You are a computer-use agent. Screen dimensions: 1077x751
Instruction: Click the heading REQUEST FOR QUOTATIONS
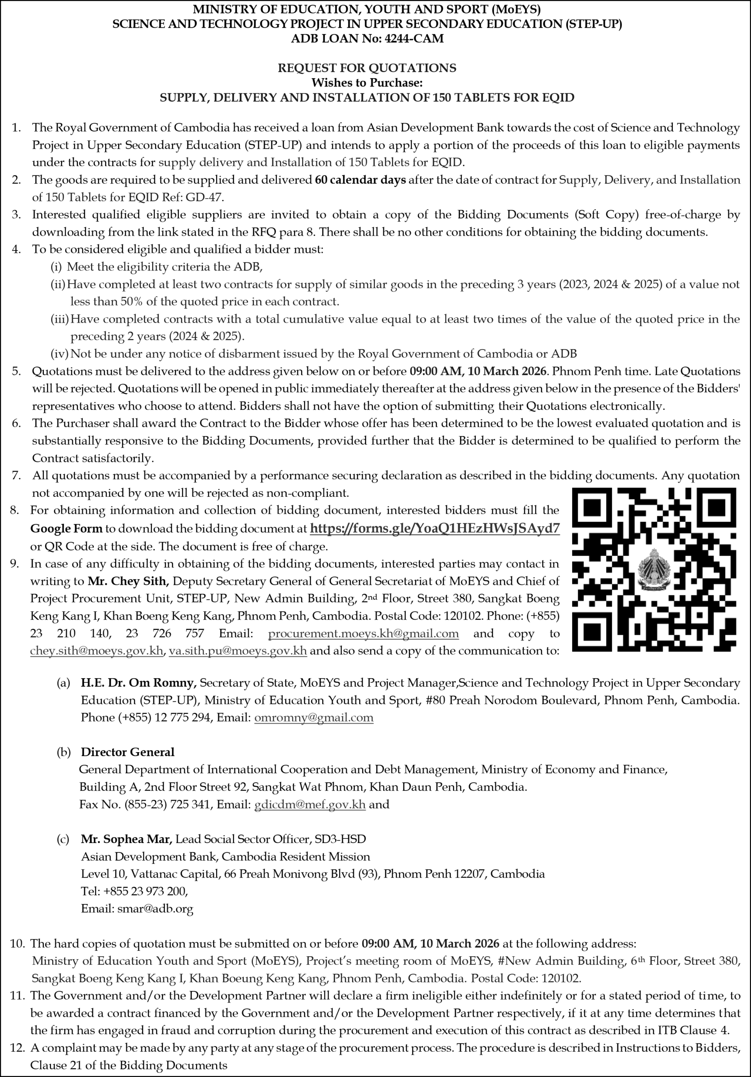click(x=367, y=68)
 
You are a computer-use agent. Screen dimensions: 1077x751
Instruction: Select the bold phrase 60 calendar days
click(x=360, y=180)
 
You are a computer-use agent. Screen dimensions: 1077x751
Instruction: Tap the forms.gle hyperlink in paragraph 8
click(x=435, y=529)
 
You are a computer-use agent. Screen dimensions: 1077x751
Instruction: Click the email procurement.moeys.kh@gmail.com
click(x=363, y=634)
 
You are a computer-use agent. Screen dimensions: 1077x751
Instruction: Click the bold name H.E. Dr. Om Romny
click(x=138, y=683)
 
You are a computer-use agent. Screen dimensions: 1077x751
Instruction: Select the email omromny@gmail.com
click(x=314, y=718)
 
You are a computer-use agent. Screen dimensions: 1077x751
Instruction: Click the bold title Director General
click(x=127, y=752)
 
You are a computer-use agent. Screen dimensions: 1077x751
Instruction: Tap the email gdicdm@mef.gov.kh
click(x=310, y=804)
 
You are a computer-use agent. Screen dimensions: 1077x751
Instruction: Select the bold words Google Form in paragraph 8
click(x=66, y=529)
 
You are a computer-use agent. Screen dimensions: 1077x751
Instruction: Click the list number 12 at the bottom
click(x=16, y=1048)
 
